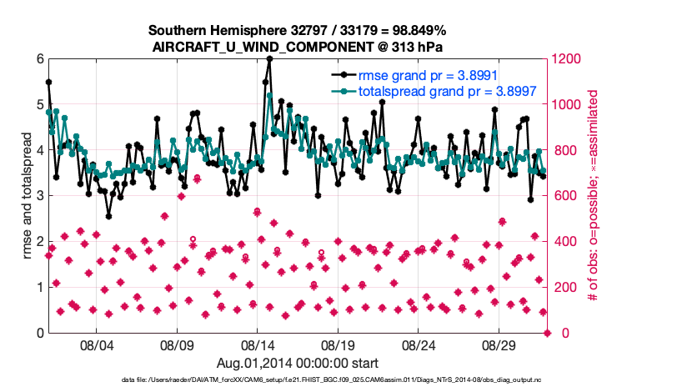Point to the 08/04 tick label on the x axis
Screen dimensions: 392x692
tap(96, 345)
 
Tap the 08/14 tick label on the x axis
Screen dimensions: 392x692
tap(258, 345)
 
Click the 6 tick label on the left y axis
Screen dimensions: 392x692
tap(39, 59)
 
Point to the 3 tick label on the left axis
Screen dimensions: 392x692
tap(39, 196)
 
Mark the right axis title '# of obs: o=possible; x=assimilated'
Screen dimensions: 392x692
tap(594, 196)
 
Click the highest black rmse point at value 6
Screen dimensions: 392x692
tap(269, 59)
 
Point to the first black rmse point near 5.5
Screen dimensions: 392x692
tap(48, 82)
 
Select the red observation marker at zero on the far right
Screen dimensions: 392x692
tap(548, 333)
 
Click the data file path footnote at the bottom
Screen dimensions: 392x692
tap(345, 380)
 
